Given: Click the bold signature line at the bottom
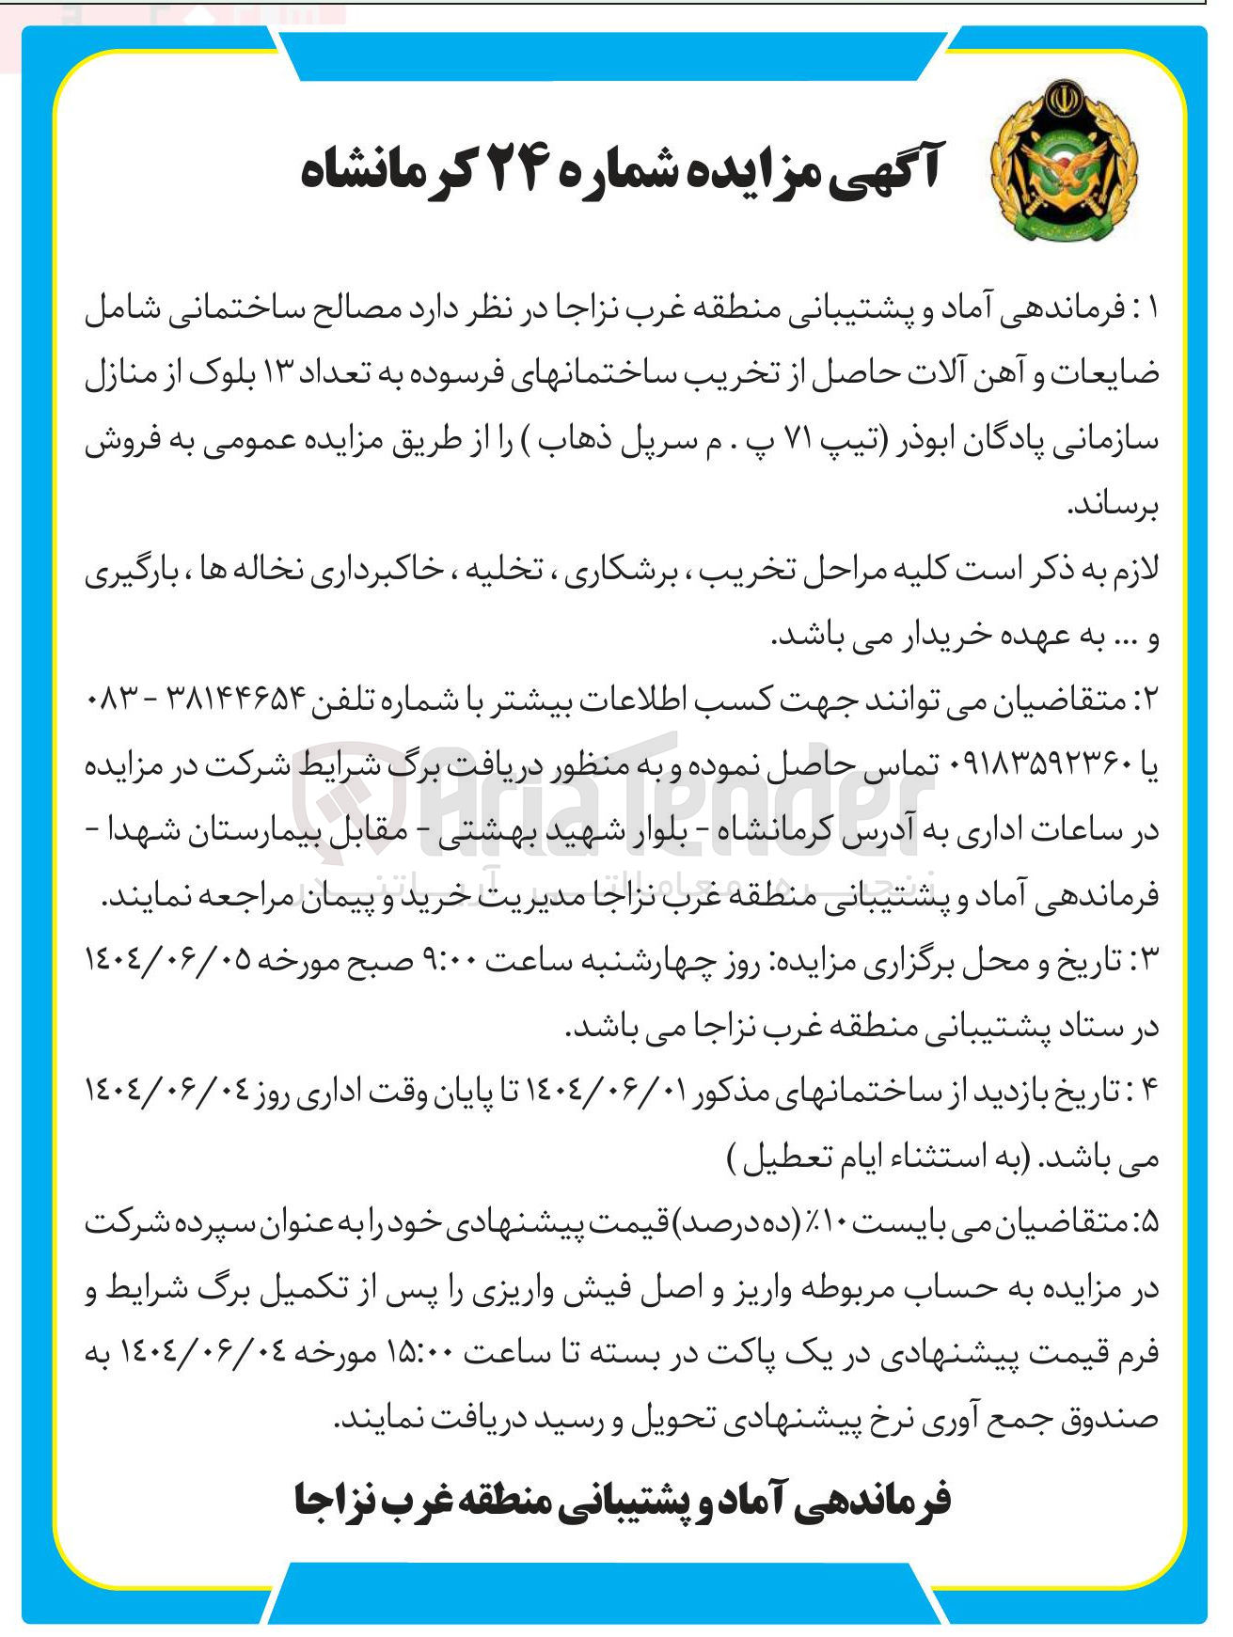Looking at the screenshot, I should tap(622, 1502).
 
